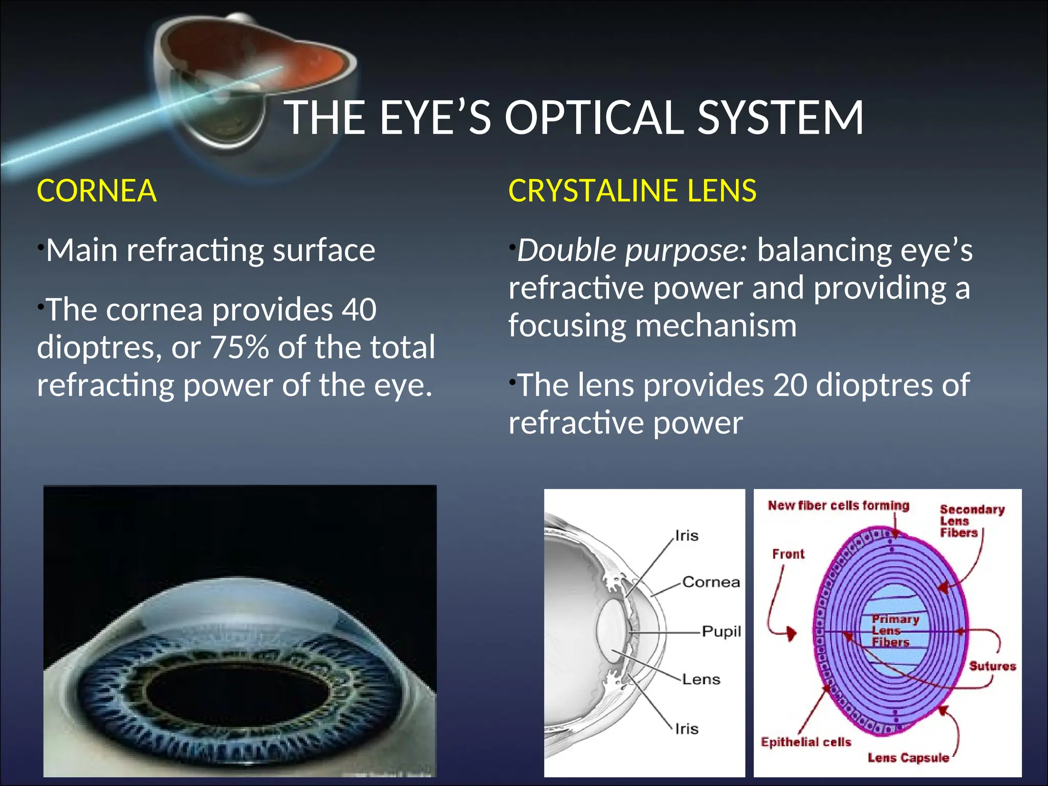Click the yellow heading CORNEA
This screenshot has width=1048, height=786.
96,191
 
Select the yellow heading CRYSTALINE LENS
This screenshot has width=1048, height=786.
632,191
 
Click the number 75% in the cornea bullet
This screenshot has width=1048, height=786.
239,347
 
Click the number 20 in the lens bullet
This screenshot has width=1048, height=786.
790,385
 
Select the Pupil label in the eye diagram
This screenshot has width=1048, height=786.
721,631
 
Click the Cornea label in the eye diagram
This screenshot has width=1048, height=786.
711,582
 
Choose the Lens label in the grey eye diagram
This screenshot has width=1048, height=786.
701,680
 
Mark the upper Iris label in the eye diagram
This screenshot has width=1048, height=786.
687,536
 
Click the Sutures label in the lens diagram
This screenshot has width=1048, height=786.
992,666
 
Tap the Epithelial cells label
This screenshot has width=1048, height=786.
805,742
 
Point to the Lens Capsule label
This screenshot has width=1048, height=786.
908,758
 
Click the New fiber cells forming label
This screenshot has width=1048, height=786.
838,506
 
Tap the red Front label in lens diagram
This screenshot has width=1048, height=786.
788,554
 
